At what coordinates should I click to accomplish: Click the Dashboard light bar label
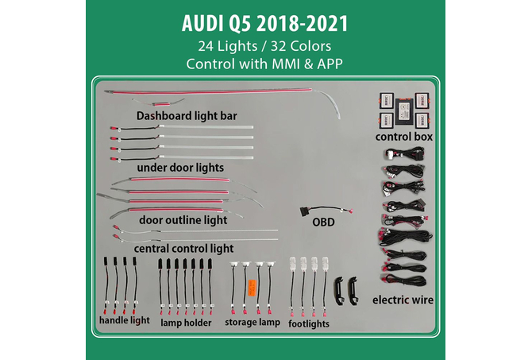[x=187, y=115]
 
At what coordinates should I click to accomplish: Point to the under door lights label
[x=179, y=168]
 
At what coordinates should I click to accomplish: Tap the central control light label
[x=183, y=248]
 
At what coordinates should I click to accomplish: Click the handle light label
[x=125, y=321]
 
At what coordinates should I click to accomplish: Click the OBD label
[x=323, y=223]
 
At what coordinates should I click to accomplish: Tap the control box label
[x=403, y=137]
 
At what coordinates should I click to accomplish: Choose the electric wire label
[x=403, y=300]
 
